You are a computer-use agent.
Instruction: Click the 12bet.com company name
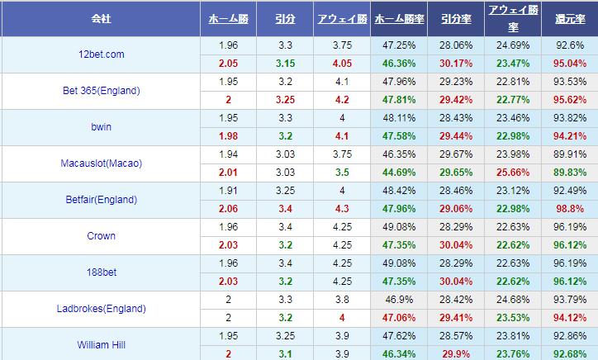pos(101,54)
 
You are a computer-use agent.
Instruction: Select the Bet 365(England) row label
pos(101,90)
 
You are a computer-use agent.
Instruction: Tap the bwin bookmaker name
pos(101,127)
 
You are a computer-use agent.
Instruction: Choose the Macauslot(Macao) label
pos(101,163)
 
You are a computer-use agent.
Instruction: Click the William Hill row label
pos(101,344)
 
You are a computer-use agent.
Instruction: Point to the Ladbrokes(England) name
pos(101,309)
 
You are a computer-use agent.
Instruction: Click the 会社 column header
pos(101,18)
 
